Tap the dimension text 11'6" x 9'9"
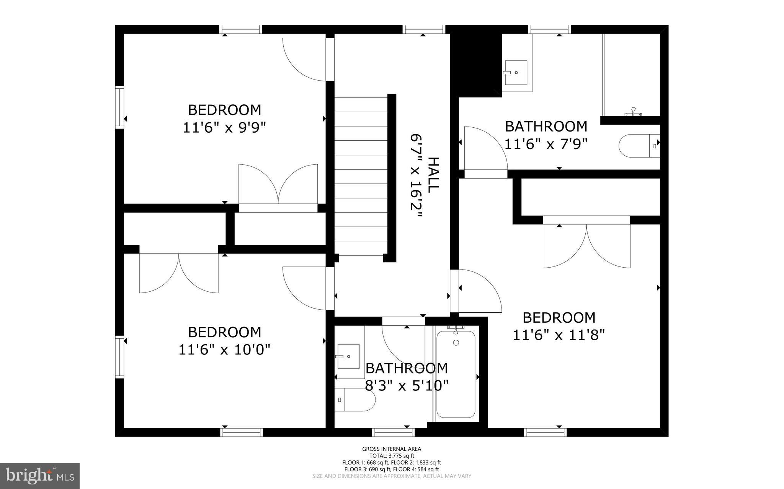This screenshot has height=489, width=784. click(x=224, y=127)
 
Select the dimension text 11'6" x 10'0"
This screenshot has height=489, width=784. click(x=224, y=349)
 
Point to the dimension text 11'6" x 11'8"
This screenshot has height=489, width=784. click(x=559, y=335)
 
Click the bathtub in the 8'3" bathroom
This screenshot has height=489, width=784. click(x=456, y=375)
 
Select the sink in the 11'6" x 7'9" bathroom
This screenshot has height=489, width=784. click(x=516, y=73)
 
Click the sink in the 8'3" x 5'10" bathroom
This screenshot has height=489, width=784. click(x=348, y=356)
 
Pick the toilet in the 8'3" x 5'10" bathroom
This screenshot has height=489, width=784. click(x=354, y=400)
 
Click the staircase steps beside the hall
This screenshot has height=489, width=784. click(x=361, y=176)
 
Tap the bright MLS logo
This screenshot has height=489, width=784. click(x=40, y=476)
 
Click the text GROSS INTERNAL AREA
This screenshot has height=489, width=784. click(x=392, y=449)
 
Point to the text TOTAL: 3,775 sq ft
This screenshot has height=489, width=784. click(x=392, y=456)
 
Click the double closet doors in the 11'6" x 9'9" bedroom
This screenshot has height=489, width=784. click(x=278, y=185)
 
